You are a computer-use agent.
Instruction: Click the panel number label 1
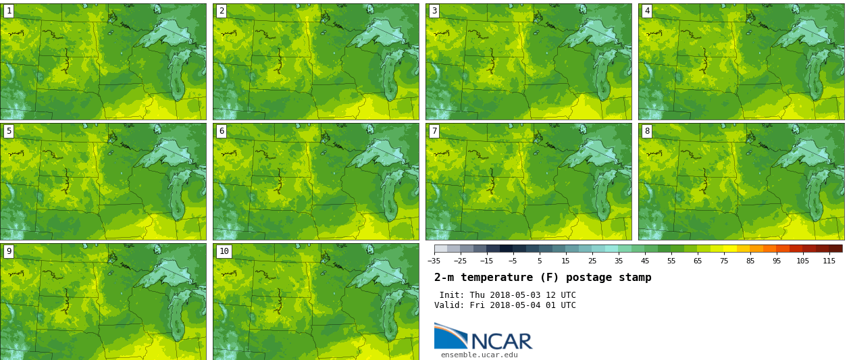[x=9, y=11]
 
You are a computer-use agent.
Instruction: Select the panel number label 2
[x=222, y=11]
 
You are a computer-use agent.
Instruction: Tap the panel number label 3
[x=434, y=11]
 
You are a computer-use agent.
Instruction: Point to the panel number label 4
[x=647, y=11]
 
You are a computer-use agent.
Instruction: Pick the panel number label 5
[x=9, y=131]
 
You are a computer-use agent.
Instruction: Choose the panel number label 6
[x=222, y=131]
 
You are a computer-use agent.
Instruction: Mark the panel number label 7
[x=434, y=131]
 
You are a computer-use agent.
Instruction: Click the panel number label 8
[x=647, y=131]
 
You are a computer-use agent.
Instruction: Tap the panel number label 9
[x=9, y=251]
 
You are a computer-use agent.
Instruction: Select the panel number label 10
[x=224, y=251]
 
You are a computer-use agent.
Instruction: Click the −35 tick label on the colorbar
[x=434, y=261]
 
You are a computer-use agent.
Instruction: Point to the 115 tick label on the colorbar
[x=829, y=261]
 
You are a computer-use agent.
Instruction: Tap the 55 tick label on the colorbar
[x=671, y=261]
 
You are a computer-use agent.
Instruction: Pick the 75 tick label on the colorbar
[x=724, y=261]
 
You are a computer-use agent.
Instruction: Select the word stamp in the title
[x=635, y=278]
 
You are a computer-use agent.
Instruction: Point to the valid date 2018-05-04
[x=513, y=305]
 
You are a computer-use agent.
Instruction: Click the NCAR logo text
[x=502, y=341]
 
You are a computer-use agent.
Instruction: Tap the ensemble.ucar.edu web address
[x=479, y=355]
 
